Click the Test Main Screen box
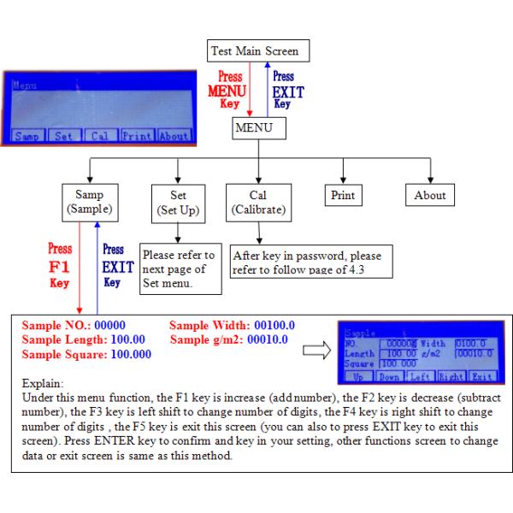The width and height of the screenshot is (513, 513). tap(254, 51)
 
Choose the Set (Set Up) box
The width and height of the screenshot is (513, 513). tap(178, 201)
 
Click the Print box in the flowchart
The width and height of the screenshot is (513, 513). tap(342, 195)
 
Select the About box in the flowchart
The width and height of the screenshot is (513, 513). tap(429, 195)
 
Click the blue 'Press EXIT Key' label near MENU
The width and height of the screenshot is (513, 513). tap(282, 88)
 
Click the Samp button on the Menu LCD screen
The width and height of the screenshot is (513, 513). tap(26, 136)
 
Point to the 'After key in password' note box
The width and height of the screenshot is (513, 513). tap(308, 262)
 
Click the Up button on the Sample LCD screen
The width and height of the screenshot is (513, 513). tap(357, 375)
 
